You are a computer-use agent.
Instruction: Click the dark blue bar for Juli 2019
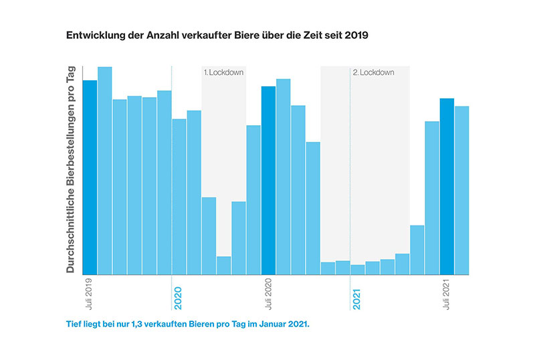click(90, 177)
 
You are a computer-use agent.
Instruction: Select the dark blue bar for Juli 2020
click(268, 181)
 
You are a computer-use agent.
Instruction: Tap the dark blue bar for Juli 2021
click(447, 187)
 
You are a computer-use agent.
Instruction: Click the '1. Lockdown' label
click(223, 72)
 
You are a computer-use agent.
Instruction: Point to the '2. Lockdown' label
click(373, 72)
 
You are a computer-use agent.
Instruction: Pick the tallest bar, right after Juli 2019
click(105, 171)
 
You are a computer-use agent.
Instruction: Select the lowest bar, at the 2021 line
click(358, 270)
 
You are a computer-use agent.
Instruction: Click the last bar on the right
click(461, 190)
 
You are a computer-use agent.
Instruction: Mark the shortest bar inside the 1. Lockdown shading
click(223, 266)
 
